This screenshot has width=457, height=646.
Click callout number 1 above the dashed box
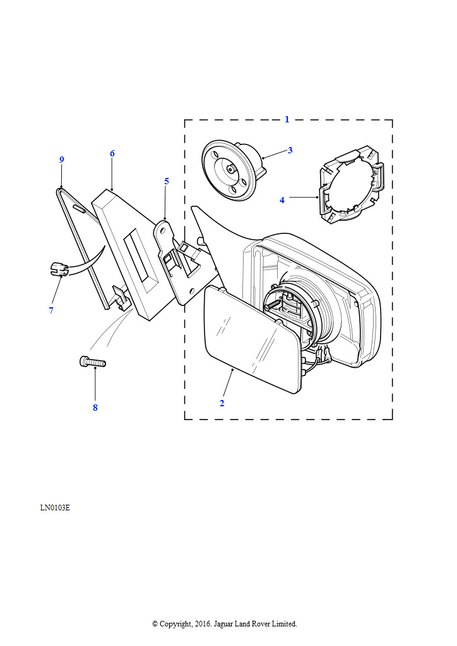click(x=287, y=119)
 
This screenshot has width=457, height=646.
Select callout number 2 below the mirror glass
click(x=222, y=403)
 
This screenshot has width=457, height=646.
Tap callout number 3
click(x=290, y=150)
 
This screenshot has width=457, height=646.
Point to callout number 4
click(x=282, y=200)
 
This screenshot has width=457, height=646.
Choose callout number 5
click(x=167, y=181)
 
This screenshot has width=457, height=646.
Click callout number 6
click(x=112, y=153)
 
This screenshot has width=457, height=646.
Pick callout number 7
click(x=50, y=310)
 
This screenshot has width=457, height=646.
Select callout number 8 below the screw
click(x=95, y=408)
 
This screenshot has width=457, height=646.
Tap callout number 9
click(x=62, y=160)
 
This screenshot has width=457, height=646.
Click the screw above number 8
click(x=93, y=362)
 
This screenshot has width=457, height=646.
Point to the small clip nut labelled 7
click(x=57, y=269)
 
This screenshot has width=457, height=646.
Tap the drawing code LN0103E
click(x=55, y=507)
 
